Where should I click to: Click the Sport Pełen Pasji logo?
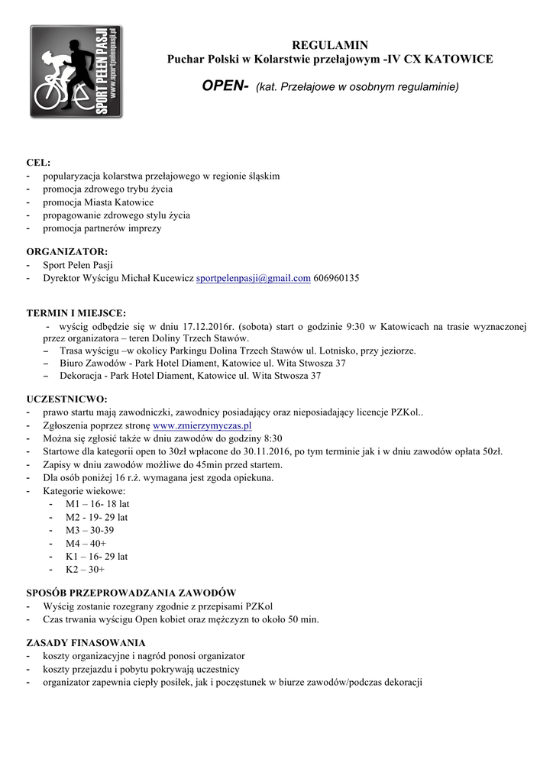76,71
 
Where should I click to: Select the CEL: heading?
38,163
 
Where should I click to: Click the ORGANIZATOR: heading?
67,251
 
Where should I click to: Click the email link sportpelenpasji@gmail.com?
254,278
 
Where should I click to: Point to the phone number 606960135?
336,278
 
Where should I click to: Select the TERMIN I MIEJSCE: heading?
76,313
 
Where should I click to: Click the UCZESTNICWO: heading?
67,399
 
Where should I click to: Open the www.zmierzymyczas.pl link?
202,425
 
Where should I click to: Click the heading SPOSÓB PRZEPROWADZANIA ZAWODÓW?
131,593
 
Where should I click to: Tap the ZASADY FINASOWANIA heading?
86,642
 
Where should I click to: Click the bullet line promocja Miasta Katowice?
98,202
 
